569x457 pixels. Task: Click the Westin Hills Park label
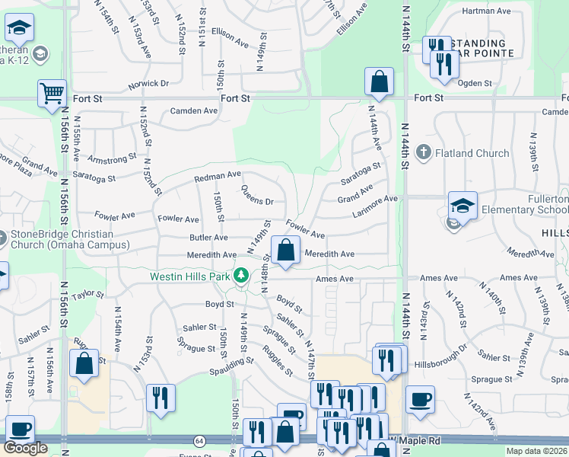pyautogui.click(x=190, y=276)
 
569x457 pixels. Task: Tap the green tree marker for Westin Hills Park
pyautogui.click(x=242, y=275)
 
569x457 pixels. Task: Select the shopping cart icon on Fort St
pyautogui.click(x=52, y=94)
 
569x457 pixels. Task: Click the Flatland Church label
pyautogui.click(x=472, y=153)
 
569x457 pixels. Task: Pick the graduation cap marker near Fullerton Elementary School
pyautogui.click(x=462, y=205)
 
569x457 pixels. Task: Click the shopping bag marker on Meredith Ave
pyautogui.click(x=285, y=251)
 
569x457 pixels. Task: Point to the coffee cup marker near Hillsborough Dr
pyautogui.click(x=420, y=399)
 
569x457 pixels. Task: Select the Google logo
pyautogui.click(x=25, y=448)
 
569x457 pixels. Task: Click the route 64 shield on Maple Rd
pyautogui.click(x=199, y=440)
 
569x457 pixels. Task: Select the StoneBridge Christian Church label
pyautogui.click(x=60, y=239)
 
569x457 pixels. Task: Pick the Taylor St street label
pyautogui.click(x=87, y=293)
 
